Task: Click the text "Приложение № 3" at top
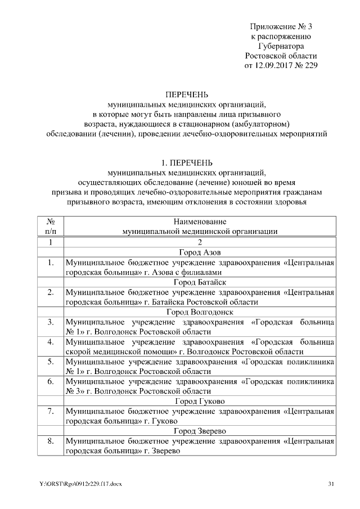(x=281, y=26)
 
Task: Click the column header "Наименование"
(x=200, y=222)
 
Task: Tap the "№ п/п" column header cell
(x=50, y=226)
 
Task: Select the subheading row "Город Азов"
(x=200, y=253)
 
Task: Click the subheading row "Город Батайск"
(x=200, y=282)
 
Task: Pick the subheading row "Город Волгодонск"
(x=200, y=312)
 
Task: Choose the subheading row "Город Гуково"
(x=200, y=402)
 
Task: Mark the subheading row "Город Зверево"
(x=200, y=431)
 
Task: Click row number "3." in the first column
(x=50, y=322)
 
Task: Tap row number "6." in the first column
(x=50, y=382)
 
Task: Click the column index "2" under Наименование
(x=200, y=242)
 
